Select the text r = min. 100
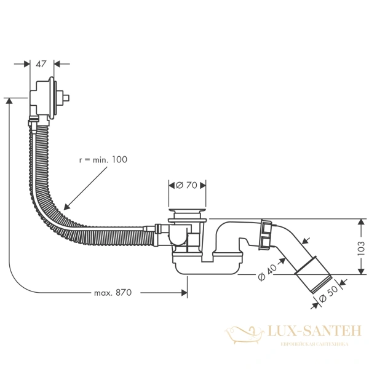tap(103, 159)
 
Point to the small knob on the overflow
tap(68, 97)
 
